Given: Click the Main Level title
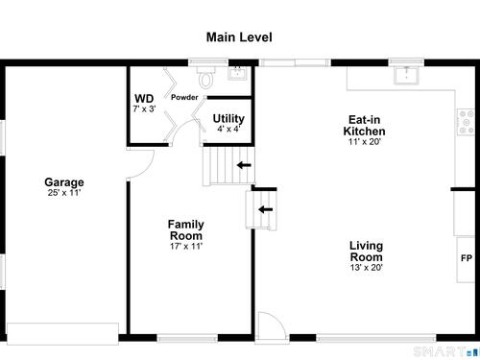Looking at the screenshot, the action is click(239, 37).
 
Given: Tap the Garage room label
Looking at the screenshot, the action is click(64, 182).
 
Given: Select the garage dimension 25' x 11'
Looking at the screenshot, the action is click(64, 193).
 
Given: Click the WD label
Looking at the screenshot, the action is click(144, 98).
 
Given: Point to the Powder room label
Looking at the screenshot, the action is click(184, 97).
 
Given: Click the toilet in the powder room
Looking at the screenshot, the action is click(205, 78).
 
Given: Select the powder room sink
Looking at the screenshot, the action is click(237, 73).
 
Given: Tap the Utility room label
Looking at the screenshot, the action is click(228, 118).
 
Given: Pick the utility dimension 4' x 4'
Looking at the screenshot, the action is click(228, 129).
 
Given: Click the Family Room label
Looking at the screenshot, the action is click(185, 229).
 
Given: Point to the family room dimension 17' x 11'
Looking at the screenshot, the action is click(186, 246).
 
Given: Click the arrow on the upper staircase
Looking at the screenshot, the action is click(244, 165).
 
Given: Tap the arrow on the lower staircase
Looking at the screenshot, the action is click(266, 209).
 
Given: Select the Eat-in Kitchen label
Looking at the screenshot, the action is click(364, 126).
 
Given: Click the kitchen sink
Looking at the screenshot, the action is click(406, 76).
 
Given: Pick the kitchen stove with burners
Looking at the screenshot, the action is click(466, 122).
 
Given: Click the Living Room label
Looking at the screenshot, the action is click(366, 252).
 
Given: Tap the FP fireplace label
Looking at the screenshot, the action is click(467, 258).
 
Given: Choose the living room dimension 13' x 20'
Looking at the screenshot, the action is click(367, 268).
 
